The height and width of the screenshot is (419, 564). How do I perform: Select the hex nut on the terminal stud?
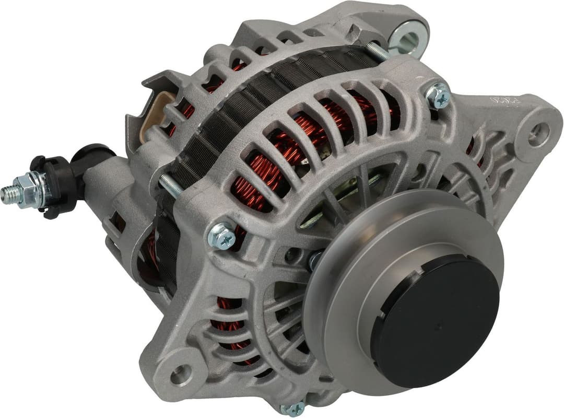point(26,189)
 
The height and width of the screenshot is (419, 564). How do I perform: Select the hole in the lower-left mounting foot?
point(180,374)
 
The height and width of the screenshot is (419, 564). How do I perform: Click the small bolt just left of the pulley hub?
point(315,259)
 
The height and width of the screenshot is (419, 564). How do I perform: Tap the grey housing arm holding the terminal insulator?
point(104,178)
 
